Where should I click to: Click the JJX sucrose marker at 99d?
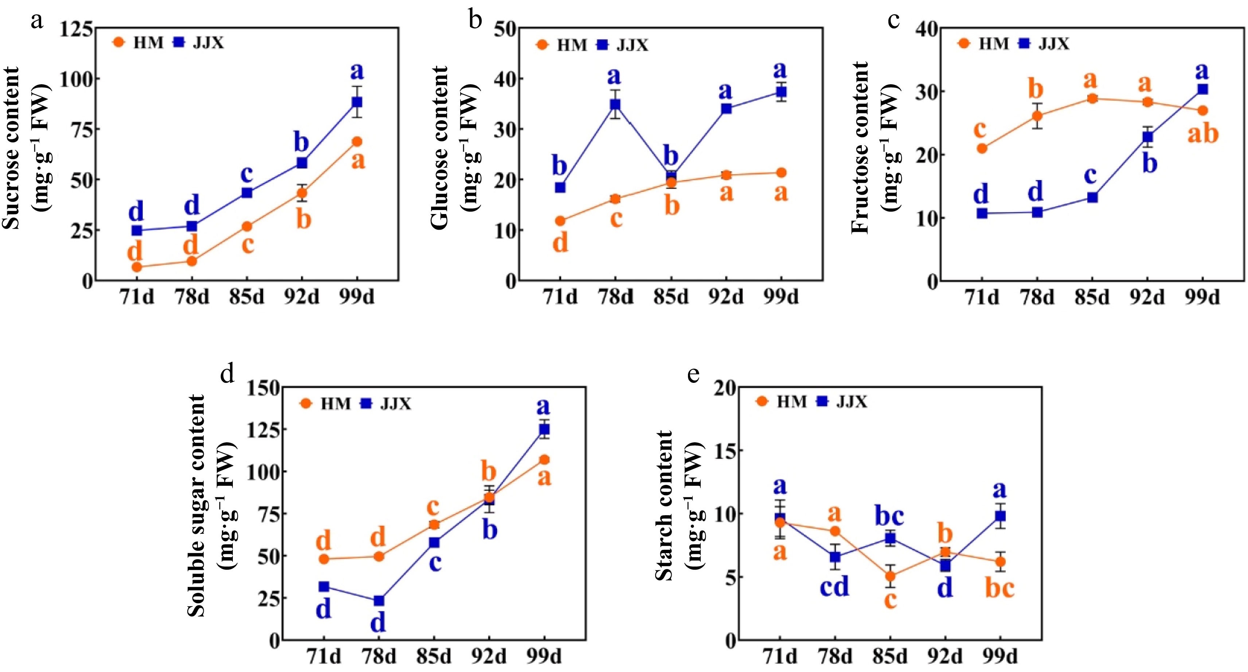pyautogui.click(x=357, y=102)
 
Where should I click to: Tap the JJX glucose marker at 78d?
pyautogui.click(x=615, y=104)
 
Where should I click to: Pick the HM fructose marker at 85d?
pyautogui.click(x=1092, y=99)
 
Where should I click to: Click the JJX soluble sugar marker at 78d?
pyautogui.click(x=379, y=601)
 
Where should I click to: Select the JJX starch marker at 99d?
pyautogui.click(x=1000, y=516)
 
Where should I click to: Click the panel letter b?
pyautogui.click(x=475, y=20)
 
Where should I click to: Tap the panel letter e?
pyautogui.click(x=694, y=374)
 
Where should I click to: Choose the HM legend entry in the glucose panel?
pyautogui.click(x=562, y=45)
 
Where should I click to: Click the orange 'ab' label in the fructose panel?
pyautogui.click(x=1202, y=134)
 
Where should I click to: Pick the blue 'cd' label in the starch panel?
pyautogui.click(x=834, y=587)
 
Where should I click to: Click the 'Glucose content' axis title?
pyautogui.click(x=439, y=148)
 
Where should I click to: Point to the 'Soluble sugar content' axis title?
pyautogui.click(x=196, y=505)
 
